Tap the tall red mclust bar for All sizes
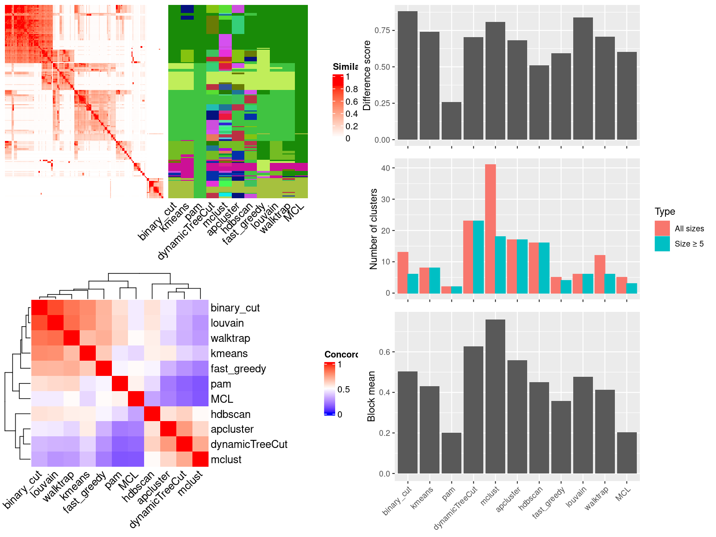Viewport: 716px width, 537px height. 490,228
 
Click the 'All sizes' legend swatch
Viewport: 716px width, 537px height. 662,228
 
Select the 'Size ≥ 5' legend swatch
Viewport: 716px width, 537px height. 662,244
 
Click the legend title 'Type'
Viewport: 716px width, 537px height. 665,212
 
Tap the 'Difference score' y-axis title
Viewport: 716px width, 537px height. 367,75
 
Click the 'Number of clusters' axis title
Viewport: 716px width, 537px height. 373,229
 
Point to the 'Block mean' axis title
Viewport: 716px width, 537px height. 371,396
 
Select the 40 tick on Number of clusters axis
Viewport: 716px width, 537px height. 385,168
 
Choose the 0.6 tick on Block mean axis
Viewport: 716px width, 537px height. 384,352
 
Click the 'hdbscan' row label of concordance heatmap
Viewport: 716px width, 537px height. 230,414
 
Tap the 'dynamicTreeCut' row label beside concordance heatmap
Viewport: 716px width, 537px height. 249,444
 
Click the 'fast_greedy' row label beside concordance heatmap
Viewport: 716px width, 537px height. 238,369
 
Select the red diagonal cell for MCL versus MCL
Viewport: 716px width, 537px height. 136,399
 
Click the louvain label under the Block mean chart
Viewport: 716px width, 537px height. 576,497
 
